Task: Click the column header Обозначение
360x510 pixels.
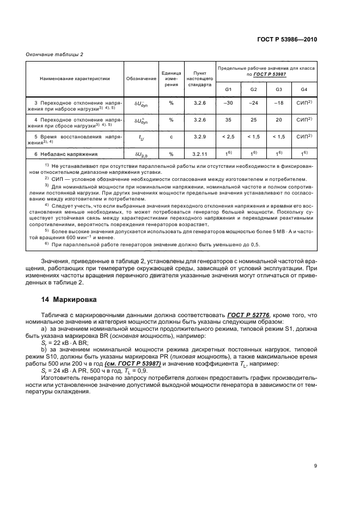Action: (141, 78)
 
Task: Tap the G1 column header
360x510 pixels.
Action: (228, 89)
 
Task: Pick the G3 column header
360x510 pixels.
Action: (278, 89)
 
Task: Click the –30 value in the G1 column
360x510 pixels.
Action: (228, 103)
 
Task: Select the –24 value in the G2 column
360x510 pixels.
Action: (253, 103)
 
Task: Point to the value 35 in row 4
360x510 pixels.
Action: (228, 120)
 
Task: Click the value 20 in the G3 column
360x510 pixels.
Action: (278, 120)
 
